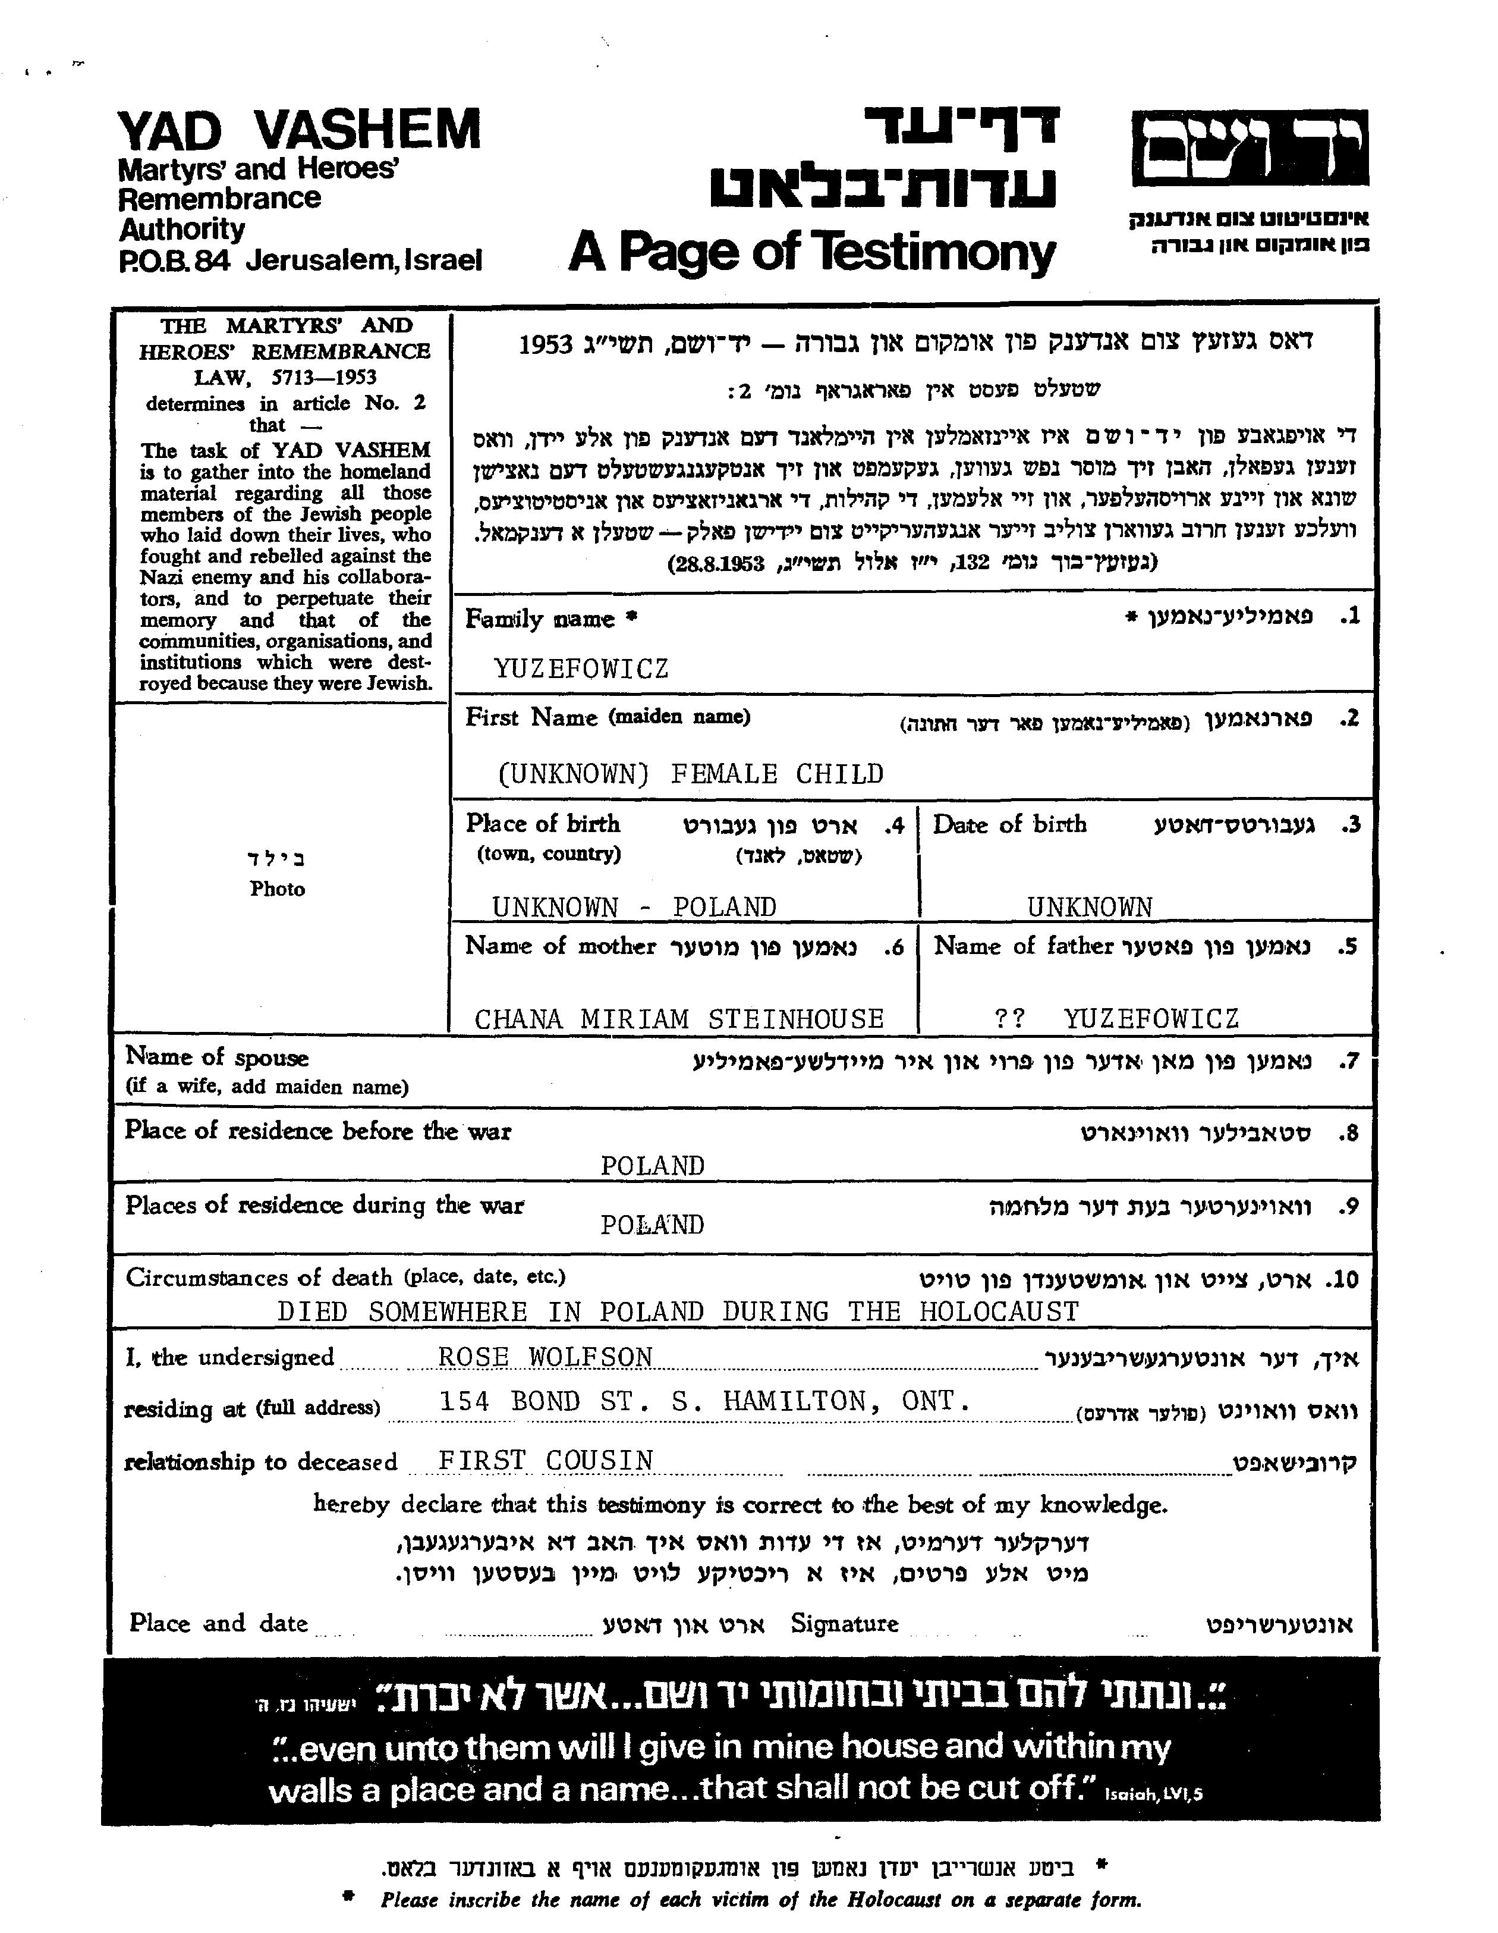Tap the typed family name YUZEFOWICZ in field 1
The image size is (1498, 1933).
click(580, 669)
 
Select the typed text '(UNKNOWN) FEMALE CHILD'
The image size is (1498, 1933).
click(690, 774)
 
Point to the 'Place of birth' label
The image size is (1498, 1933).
click(542, 824)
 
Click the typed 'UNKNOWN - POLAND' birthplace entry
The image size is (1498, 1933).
click(634, 907)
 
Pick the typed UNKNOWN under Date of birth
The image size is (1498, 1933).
click(1089, 907)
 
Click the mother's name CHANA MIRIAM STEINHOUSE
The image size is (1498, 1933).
click(679, 1019)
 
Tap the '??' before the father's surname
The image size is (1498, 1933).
click(1009, 1019)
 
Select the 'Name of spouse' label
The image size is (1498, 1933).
click(217, 1057)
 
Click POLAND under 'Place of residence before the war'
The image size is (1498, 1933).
click(652, 1166)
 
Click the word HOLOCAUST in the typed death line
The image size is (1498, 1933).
click(998, 1311)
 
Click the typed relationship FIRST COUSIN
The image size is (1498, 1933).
click(546, 1460)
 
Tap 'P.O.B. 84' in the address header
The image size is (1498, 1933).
click(174, 261)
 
